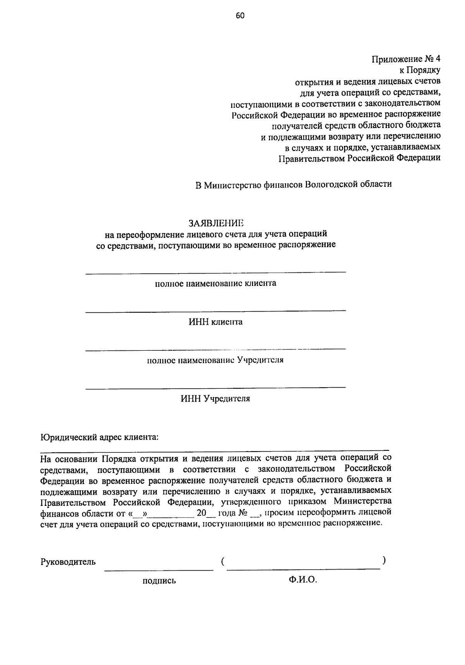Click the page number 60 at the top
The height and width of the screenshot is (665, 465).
pyautogui.click(x=240, y=16)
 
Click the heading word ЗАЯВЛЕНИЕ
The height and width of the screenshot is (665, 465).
pyautogui.click(x=216, y=223)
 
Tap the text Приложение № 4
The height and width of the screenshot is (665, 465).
pyautogui.click(x=406, y=59)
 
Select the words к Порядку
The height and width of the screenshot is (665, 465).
pyautogui.click(x=420, y=70)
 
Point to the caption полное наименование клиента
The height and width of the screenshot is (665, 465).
pyautogui.click(x=215, y=283)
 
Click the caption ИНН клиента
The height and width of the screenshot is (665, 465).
pyautogui.click(x=215, y=322)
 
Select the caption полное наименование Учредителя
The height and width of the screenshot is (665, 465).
pyautogui.click(x=215, y=360)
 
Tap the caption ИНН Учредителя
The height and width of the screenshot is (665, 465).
pyautogui.click(x=215, y=398)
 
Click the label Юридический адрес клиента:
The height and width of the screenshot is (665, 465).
pyautogui.click(x=100, y=437)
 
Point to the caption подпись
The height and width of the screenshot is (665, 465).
pyautogui.click(x=159, y=580)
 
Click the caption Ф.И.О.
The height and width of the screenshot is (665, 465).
pyautogui.click(x=303, y=580)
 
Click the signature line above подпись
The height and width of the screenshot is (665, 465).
pyautogui.click(x=159, y=570)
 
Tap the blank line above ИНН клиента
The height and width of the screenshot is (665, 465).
pyautogui.click(x=215, y=311)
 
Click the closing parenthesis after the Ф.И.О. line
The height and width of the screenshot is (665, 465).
pyautogui.click(x=383, y=560)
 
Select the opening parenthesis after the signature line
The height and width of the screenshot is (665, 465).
pyautogui.click(x=224, y=561)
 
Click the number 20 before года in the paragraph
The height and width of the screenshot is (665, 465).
pyautogui.click(x=201, y=513)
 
